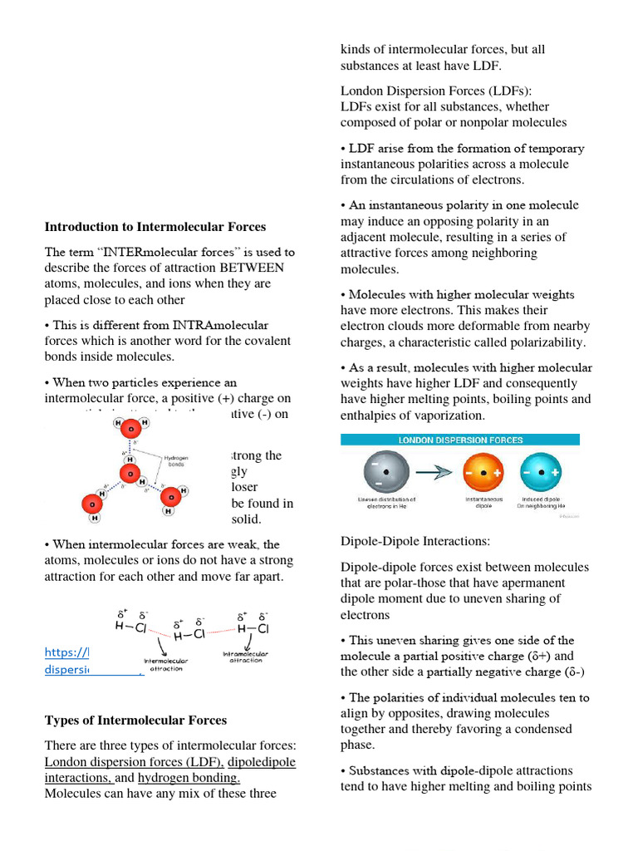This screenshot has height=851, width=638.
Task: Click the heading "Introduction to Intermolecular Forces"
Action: (x=155, y=226)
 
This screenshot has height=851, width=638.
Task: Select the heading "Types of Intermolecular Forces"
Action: (x=135, y=720)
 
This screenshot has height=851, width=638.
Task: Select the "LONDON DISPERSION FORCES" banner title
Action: (x=460, y=440)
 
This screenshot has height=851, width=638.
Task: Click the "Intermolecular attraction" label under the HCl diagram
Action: (x=166, y=665)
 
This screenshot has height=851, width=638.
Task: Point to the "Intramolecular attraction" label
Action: (x=245, y=657)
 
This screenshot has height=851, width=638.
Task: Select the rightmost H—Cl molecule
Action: (x=253, y=628)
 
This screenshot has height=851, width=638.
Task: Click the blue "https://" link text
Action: (x=66, y=652)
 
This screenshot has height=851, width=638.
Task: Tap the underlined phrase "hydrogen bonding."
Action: (x=189, y=778)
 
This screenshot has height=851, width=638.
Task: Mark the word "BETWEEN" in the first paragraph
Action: (x=252, y=268)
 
